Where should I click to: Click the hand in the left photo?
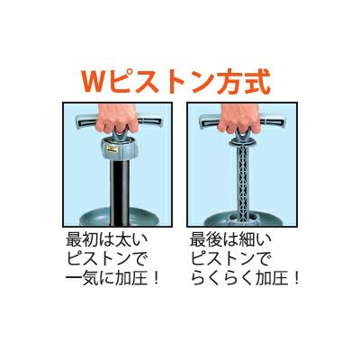coord(117,119)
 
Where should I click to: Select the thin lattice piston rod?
coord(242,183)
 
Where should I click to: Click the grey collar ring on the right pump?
coord(243,142)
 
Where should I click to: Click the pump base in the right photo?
coord(243,217)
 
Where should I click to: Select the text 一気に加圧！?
coord(112,279)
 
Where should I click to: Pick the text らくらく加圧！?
coord(246,279)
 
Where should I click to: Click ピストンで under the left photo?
coord(108,259)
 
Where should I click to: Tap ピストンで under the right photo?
coord(232,259)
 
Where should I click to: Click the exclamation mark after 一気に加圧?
coord(155,279)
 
